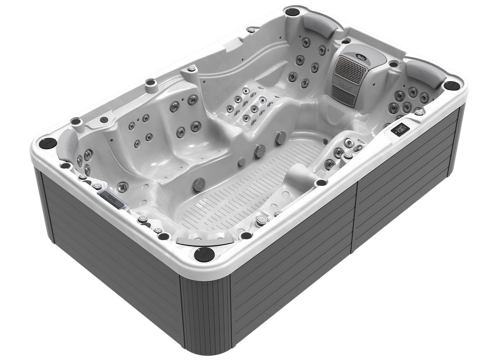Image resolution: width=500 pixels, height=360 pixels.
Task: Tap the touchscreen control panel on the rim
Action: pyautogui.click(x=401, y=130)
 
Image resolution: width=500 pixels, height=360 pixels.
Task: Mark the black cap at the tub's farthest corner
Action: pyautogui.click(x=293, y=11)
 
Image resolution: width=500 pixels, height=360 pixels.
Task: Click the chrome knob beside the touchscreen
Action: pyautogui.click(x=419, y=112)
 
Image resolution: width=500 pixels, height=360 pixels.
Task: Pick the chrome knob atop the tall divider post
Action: pyautogui.click(x=192, y=68)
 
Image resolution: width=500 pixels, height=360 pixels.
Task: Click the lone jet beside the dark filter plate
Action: pyautogui.click(x=123, y=186)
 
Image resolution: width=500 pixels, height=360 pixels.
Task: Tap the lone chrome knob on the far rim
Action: pyautogui.click(x=251, y=29)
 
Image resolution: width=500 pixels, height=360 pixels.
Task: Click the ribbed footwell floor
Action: pyautogui.click(x=247, y=183)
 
